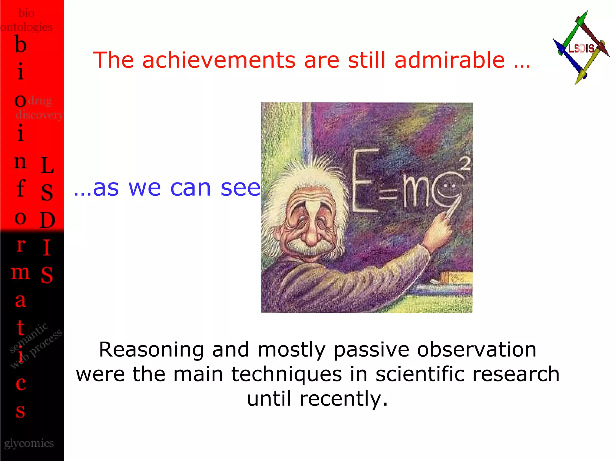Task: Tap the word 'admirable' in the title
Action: click(x=450, y=60)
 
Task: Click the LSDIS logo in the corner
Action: click(x=581, y=48)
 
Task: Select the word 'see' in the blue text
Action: click(x=240, y=188)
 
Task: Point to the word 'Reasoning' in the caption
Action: click(x=151, y=350)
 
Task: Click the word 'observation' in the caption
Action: click(x=477, y=350)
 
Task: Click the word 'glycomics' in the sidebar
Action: click(x=29, y=443)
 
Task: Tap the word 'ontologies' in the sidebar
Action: click(x=26, y=27)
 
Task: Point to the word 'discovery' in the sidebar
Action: click(x=39, y=115)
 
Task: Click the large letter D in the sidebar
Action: click(x=47, y=220)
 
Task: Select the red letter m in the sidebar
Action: click(x=20, y=273)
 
